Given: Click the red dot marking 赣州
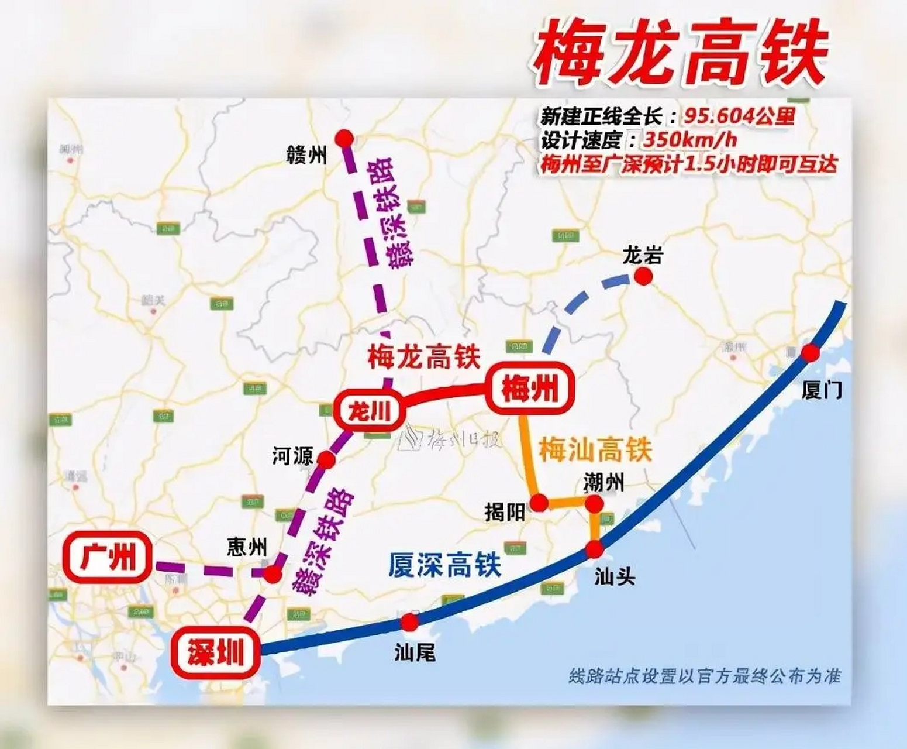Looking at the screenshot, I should point(344,138).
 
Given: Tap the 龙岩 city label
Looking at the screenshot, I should point(642,256).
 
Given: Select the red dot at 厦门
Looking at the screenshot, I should point(810,353).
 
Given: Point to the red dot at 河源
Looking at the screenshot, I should point(326,460).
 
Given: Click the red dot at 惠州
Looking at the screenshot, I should point(272,574).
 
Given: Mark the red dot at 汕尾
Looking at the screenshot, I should point(410,622).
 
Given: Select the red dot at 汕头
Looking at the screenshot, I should point(594,549).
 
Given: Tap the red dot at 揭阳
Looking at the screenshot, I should point(539,502).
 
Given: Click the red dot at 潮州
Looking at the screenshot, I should point(594,503).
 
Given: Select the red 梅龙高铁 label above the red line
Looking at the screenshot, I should point(424,357).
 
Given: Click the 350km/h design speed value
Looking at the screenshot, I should point(690,140).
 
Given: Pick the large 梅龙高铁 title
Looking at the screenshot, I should point(680,56).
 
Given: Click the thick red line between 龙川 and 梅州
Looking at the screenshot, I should point(444,392).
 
